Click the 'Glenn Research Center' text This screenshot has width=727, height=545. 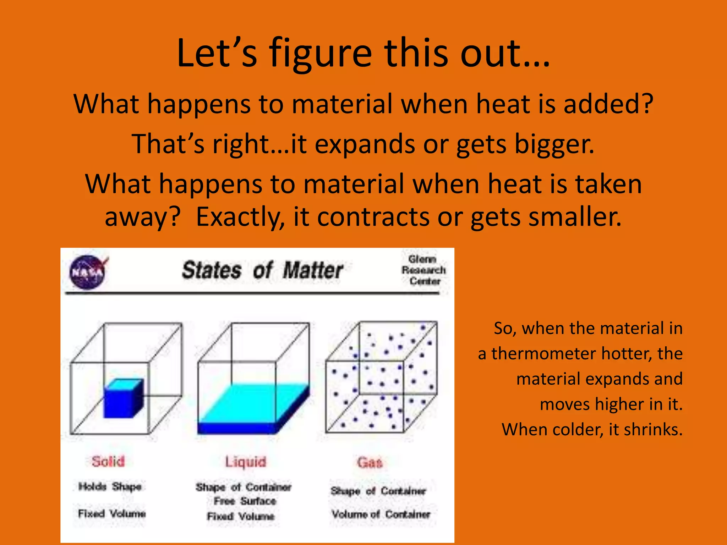[x=423, y=270]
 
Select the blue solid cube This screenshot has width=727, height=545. [x=123, y=398]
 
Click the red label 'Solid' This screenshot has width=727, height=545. [x=108, y=461]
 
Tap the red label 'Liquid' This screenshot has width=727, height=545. [x=246, y=462]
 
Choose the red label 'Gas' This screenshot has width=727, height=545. [x=370, y=462]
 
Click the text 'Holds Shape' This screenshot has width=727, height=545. [x=110, y=486]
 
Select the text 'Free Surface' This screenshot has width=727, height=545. [x=245, y=501]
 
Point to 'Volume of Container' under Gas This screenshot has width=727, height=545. [x=381, y=514]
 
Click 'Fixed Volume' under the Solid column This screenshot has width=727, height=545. [x=112, y=513]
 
